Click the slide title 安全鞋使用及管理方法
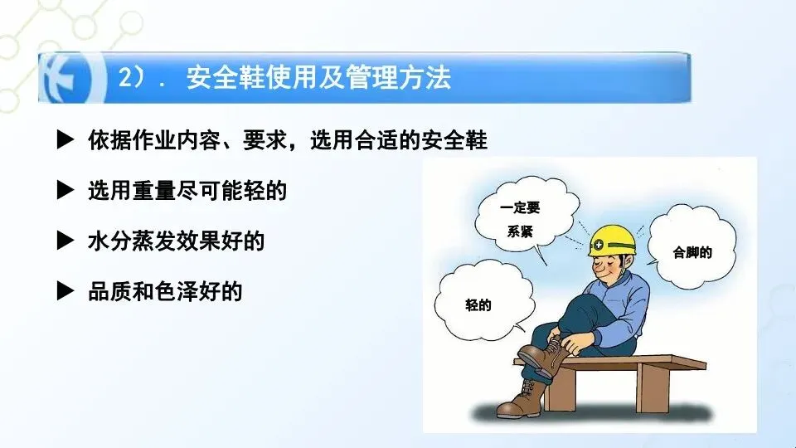(318, 78)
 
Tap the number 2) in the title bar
(131, 78)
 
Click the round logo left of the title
(68, 79)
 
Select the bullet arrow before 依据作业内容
(65, 139)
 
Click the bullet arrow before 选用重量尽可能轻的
(65, 190)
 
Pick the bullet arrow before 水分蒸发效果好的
(65, 241)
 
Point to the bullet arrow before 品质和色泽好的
(65, 290)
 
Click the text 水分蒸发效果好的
(176, 241)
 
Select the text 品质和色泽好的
(165, 291)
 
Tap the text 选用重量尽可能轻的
(187, 191)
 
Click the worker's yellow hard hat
(612, 241)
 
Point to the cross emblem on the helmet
(599, 246)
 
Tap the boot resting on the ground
(522, 399)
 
